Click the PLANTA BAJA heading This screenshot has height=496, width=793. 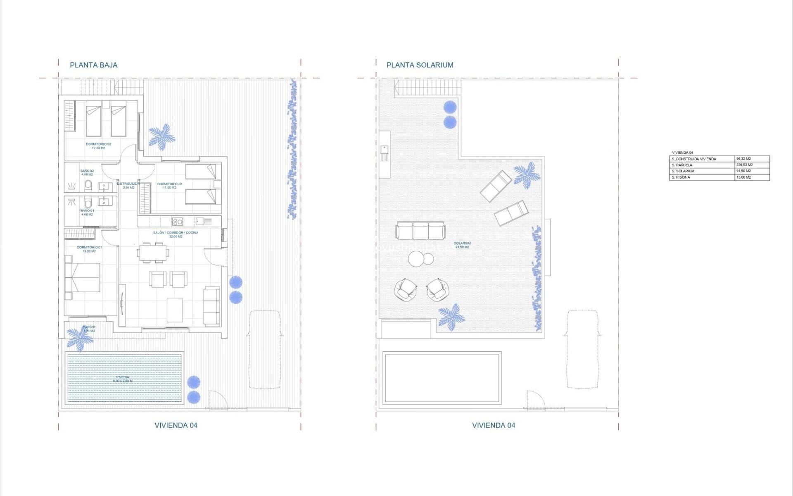(x=93, y=65)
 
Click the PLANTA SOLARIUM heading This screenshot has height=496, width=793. (x=420, y=65)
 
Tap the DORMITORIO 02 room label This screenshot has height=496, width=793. (x=98, y=146)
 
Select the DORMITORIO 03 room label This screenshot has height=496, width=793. (x=169, y=186)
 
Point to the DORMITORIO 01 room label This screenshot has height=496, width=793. (x=89, y=249)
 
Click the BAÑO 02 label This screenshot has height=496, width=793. (x=87, y=172)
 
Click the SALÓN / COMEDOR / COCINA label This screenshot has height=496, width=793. (x=176, y=234)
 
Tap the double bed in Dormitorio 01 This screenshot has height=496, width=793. (x=83, y=277)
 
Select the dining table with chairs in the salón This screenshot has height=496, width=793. (x=153, y=253)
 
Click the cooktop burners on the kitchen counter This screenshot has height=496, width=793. (x=177, y=222)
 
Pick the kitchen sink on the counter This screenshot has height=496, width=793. (x=203, y=222)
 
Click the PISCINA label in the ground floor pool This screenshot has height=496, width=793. (x=123, y=379)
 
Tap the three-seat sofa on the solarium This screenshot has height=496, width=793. (x=420, y=231)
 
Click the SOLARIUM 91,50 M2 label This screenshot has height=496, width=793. (x=462, y=245)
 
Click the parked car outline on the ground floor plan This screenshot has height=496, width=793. (x=265, y=349)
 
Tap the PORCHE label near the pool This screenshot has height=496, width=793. (x=89, y=329)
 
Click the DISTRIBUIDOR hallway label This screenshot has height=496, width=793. (x=128, y=186)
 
